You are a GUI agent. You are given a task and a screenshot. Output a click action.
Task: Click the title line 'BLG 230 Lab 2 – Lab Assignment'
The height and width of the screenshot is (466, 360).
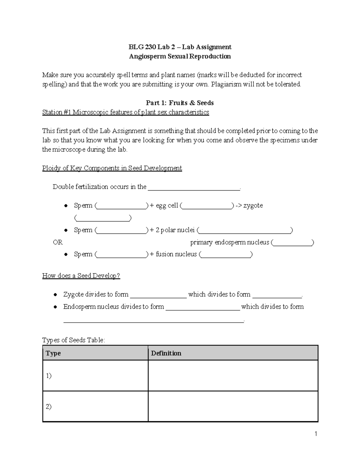point(180,47)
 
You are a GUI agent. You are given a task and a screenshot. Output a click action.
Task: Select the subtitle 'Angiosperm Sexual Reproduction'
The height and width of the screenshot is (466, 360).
point(180,56)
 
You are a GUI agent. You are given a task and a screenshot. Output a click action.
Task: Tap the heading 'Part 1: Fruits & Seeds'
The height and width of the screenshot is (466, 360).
point(180,103)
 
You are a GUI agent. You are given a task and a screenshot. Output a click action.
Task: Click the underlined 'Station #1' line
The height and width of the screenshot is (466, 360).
point(125,112)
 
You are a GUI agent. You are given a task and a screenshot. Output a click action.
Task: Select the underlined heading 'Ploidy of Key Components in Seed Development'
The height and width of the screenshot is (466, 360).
point(112,168)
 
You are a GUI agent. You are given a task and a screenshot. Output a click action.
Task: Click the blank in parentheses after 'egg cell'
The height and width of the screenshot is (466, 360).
point(207,206)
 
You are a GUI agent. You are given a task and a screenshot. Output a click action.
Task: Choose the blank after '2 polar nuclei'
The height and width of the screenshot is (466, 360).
point(245,231)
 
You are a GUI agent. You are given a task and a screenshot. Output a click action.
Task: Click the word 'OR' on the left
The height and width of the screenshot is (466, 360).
point(58,242)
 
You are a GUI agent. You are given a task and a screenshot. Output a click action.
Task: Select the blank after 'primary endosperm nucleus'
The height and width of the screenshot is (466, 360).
point(292,243)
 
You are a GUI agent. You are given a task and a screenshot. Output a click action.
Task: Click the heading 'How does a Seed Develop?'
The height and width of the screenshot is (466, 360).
point(81,276)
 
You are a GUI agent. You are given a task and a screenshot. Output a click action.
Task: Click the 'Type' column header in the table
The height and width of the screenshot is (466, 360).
point(53,353)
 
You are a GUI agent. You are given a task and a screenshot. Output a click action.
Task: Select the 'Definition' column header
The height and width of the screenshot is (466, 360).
point(166,353)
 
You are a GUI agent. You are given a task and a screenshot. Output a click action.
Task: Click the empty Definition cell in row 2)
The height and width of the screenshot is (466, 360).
point(233,407)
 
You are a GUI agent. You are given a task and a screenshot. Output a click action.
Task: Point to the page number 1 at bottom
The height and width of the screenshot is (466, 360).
point(316,434)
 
